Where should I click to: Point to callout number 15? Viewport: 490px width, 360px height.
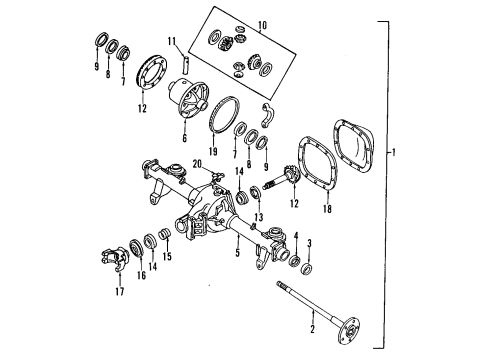pos(167,256)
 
